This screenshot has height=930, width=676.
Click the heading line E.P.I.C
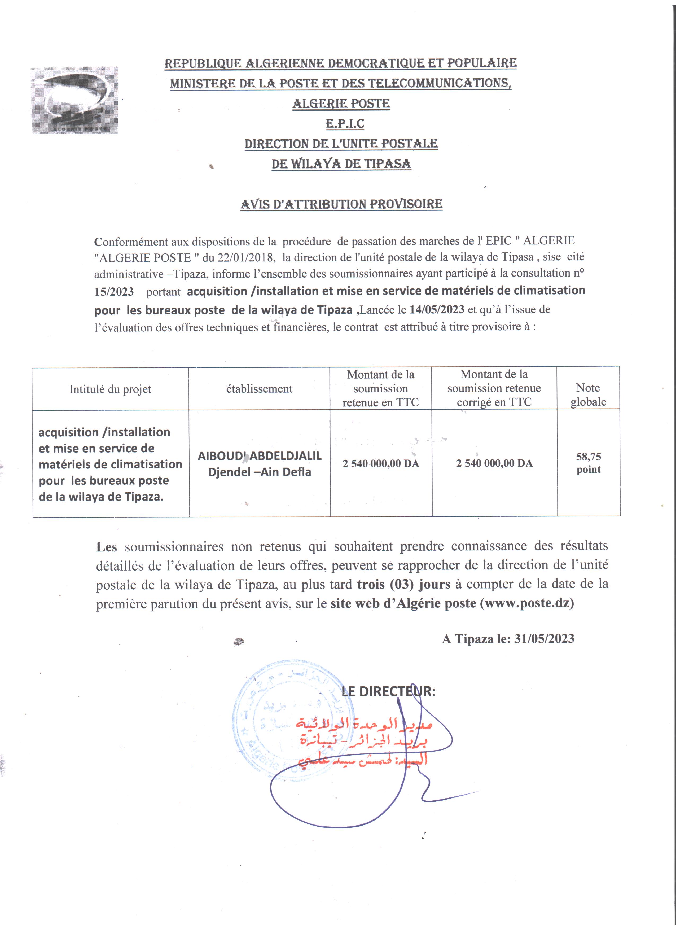pos(345,124)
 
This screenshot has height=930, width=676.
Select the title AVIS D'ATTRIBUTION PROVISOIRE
pos(341,204)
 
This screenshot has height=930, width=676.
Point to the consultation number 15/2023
pos(114,292)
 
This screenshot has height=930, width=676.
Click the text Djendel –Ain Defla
pos(260,472)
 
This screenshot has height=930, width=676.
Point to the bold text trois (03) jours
pos(404,584)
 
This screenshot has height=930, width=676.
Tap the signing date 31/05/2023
pos(544,638)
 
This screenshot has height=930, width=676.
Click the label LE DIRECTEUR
pos(388,691)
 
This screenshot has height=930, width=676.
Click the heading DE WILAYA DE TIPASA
pos(341,164)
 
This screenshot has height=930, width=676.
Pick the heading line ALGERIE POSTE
pos(341,103)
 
